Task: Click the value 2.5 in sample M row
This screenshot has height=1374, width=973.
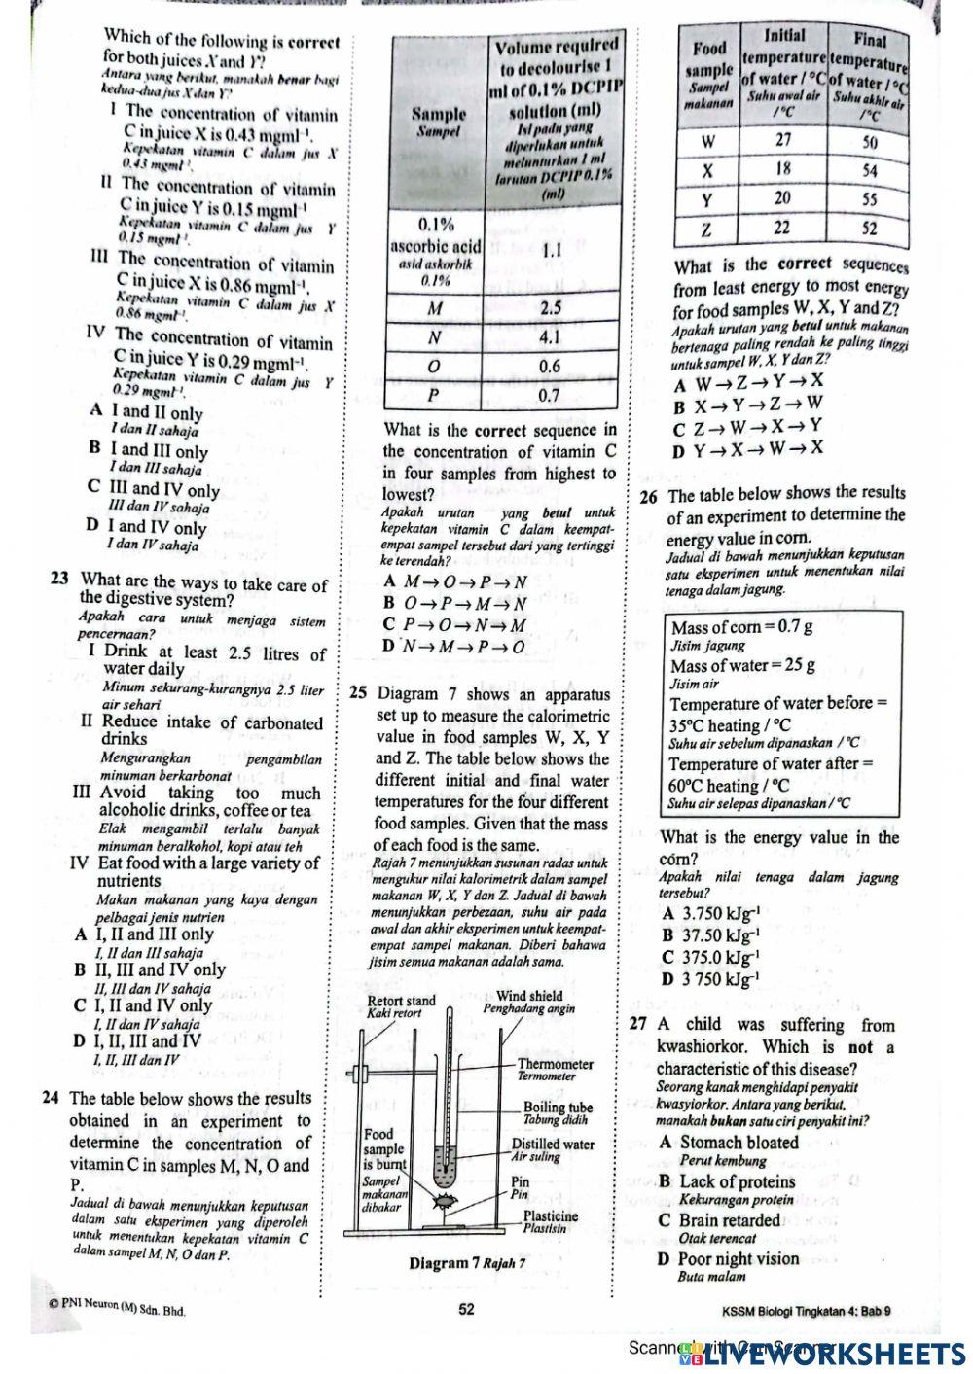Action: [x=552, y=307]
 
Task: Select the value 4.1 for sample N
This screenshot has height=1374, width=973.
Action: [x=552, y=337]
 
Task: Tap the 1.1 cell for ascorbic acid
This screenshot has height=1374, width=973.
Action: [x=552, y=249]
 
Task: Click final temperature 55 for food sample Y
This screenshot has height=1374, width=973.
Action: [x=870, y=200]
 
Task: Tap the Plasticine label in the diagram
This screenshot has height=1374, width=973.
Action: [x=551, y=1216]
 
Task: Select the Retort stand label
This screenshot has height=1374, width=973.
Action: [x=401, y=1002]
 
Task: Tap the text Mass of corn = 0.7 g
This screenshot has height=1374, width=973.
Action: [x=742, y=627]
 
